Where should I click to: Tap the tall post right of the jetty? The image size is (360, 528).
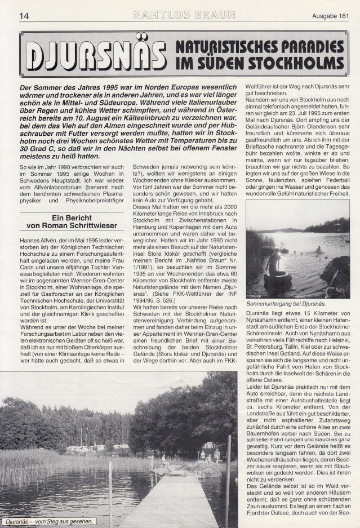pos(228,479)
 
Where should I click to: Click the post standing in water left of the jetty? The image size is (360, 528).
pos(110,496)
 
